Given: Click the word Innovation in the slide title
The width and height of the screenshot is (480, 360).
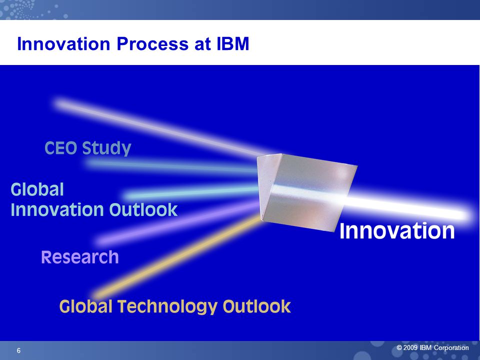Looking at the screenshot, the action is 63,44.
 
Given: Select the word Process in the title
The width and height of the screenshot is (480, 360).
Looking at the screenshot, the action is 153,44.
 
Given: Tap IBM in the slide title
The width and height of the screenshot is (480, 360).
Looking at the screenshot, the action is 233,44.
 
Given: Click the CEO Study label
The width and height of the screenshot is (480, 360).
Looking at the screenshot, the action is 88,148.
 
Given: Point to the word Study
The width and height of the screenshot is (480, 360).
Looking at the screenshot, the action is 106,148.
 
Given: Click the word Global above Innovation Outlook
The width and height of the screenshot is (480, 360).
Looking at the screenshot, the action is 37,189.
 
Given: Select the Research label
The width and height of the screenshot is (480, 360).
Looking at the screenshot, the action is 80,257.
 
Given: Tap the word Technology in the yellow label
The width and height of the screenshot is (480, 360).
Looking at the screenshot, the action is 167,306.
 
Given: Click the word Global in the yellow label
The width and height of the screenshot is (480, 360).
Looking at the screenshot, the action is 85,306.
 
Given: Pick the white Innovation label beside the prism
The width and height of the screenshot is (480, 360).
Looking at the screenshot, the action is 397,230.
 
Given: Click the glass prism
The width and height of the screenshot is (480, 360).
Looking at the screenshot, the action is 306,192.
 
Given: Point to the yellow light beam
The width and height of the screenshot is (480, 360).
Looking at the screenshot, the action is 177,255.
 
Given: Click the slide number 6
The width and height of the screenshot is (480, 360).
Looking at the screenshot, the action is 18,350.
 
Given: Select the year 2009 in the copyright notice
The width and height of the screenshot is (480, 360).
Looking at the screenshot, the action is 410,348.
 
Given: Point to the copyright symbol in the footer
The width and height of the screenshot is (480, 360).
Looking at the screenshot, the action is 399,348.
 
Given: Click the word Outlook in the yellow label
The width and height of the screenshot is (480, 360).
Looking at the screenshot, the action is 257,306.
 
